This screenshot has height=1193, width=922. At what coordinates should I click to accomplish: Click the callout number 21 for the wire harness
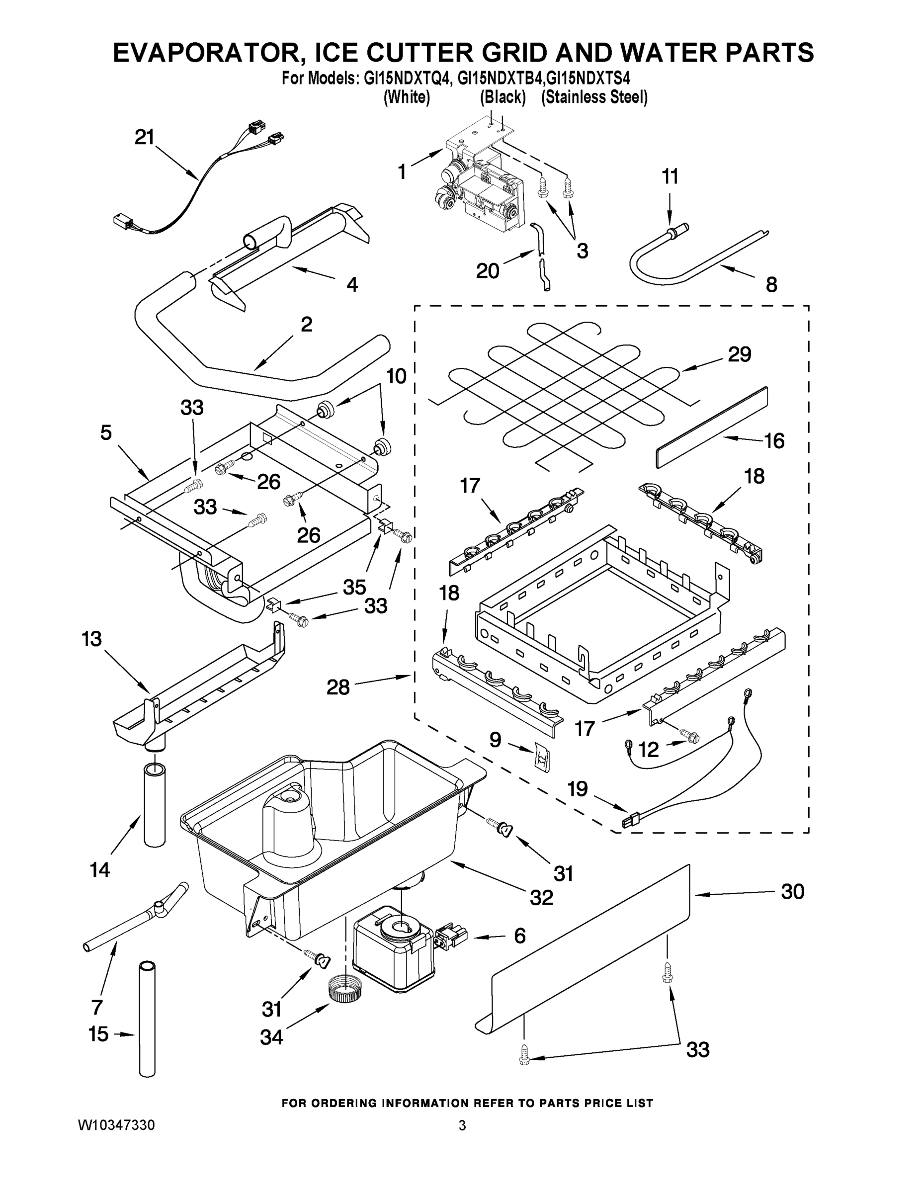(145, 137)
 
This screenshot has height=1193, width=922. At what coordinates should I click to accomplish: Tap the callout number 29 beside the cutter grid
(739, 354)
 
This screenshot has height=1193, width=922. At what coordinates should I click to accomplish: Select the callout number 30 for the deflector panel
(792, 891)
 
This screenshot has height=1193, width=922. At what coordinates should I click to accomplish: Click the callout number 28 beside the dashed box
(337, 687)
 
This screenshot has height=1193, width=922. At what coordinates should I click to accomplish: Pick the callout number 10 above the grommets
(397, 376)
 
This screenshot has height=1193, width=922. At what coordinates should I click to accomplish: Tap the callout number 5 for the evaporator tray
(106, 432)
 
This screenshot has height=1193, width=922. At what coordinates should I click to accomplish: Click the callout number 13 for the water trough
(92, 639)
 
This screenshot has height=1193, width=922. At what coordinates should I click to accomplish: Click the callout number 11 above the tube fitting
(670, 176)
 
